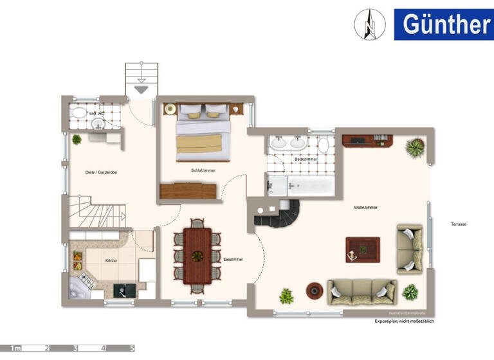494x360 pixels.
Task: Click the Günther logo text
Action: coord(446,24)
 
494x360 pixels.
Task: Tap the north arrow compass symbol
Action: coord(369,24)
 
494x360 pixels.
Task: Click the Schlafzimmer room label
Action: coord(203,170)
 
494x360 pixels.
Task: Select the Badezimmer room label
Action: coord(306,159)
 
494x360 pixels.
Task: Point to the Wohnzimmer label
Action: coord(365,208)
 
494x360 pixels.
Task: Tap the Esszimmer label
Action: coord(233,259)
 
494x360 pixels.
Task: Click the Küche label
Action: coord(111,260)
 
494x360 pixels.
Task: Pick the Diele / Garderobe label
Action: coord(101,172)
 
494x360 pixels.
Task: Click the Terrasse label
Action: coord(459,224)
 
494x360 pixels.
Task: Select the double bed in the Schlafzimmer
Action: coord(202,132)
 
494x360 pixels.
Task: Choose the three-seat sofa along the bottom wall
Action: coord(362,292)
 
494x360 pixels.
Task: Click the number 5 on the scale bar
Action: coord(133,348)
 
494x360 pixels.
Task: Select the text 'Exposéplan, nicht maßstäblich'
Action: coord(405,321)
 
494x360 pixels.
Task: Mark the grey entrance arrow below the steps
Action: coord(141,89)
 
